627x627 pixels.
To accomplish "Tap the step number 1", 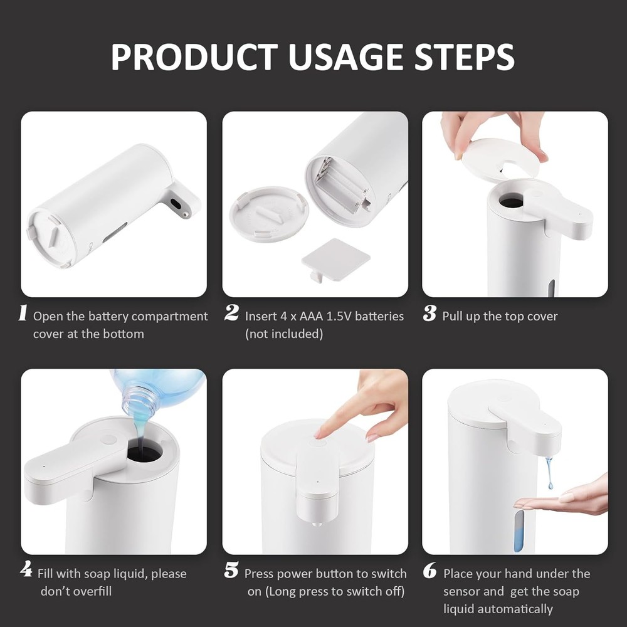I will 23,315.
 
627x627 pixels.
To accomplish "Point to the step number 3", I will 429,315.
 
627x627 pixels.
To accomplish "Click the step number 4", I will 26,572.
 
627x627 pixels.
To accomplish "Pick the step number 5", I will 231,572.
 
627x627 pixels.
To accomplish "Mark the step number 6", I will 430,572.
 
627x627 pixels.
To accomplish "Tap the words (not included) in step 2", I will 283,334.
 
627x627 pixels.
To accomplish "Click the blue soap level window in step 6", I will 519,530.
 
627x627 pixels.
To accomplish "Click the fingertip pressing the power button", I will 320,433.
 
